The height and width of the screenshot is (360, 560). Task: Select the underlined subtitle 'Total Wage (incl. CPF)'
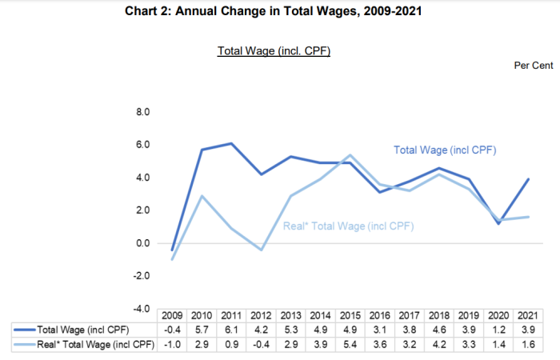274,51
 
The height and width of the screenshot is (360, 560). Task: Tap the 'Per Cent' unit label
533,66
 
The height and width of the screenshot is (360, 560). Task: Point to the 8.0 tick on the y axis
143,113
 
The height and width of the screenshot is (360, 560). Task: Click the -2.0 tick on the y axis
142,276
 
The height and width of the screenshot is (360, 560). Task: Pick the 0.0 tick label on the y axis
143,243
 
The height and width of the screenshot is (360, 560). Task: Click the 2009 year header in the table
173,316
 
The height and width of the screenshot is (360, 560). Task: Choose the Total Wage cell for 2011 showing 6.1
231,330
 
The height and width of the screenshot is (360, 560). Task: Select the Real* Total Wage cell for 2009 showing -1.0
173,344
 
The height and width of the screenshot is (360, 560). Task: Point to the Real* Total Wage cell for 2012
261,344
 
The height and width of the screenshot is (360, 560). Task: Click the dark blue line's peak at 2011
231,143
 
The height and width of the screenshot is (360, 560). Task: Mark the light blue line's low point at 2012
261,250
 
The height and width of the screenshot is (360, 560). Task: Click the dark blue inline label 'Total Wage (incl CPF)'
451,150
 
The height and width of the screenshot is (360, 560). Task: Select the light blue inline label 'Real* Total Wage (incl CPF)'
349,226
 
